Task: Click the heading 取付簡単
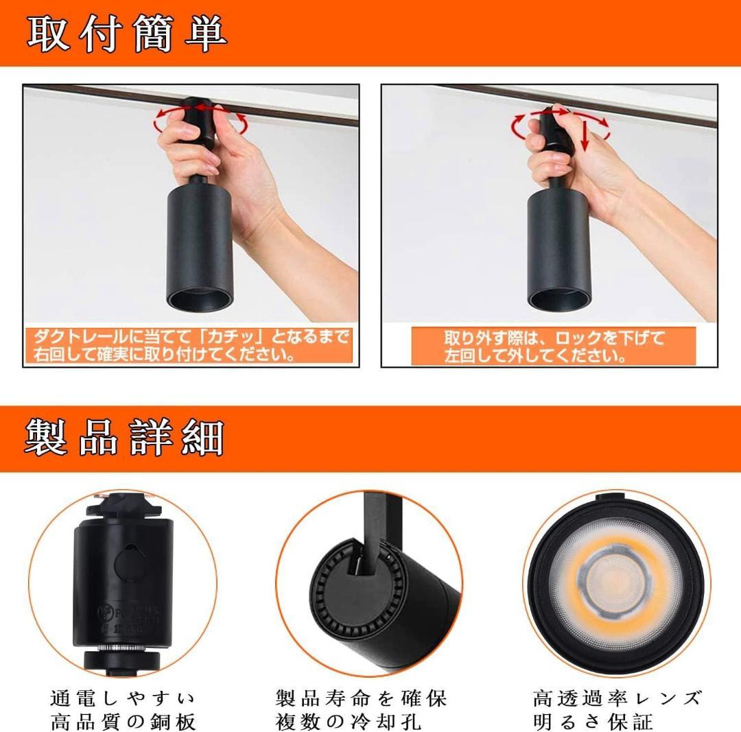point(128,33)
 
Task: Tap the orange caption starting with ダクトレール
point(189,346)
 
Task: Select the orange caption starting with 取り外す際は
point(553,346)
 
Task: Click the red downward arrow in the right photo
point(584,133)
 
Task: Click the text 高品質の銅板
point(123,721)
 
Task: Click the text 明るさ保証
point(593,721)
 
